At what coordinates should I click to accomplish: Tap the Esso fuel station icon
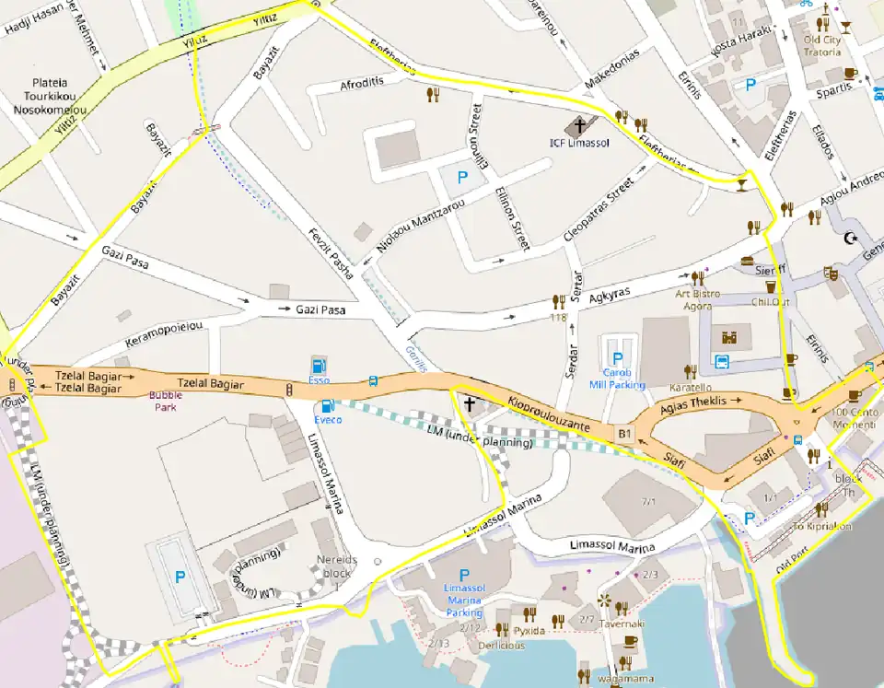coord(319,364)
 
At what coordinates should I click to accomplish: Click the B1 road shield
coord(626,432)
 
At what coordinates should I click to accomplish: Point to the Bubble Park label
coord(166,401)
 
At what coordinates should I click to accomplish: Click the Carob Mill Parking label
coord(617,379)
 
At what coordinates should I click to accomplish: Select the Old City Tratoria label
coord(821,46)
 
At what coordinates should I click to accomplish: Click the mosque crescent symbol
coord(850,239)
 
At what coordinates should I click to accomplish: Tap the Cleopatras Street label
coord(602,212)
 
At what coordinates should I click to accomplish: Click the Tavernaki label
coord(623,624)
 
